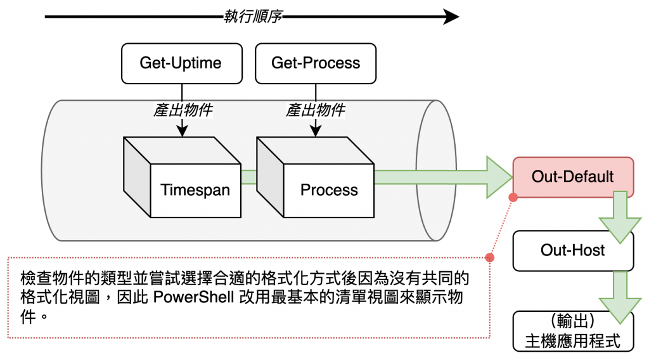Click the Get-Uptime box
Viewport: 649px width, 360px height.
(181, 63)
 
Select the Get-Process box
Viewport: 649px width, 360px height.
(316, 63)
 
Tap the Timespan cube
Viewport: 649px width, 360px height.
(195, 190)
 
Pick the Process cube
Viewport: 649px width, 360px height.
(329, 190)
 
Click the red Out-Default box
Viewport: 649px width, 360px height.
(573, 176)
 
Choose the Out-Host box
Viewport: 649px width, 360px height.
(573, 250)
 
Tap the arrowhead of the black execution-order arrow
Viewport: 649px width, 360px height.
(451, 16)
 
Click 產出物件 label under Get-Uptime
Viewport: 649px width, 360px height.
(183, 110)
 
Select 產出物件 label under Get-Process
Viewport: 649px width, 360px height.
(316, 110)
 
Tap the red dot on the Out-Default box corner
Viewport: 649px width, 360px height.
(513, 198)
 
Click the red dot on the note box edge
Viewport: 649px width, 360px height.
(489, 258)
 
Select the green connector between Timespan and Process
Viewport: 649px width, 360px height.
(249, 176)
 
